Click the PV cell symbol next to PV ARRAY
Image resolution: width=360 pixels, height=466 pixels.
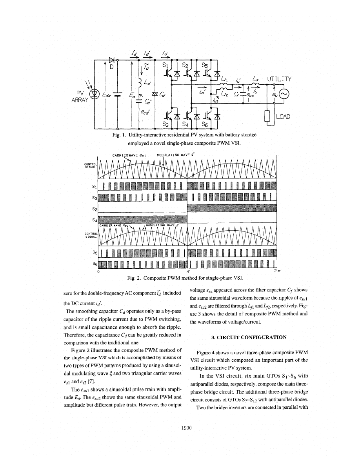(94, 94)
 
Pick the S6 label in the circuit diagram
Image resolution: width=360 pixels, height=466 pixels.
(205, 124)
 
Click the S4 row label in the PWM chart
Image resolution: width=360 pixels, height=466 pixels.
(94, 220)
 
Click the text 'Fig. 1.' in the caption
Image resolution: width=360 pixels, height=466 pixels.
(118, 135)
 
